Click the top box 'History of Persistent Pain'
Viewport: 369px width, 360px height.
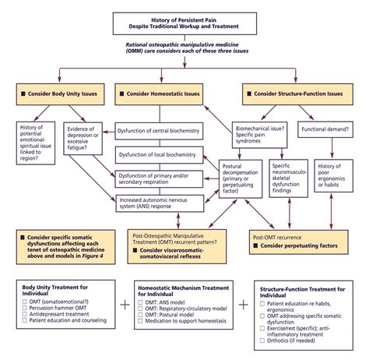coord(184,23)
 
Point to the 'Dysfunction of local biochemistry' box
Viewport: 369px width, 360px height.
coord(158,155)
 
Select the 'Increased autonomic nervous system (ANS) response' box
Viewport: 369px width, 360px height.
coord(158,204)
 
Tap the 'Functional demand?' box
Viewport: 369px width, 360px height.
coord(325,132)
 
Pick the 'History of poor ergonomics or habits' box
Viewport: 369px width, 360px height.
coord(332,180)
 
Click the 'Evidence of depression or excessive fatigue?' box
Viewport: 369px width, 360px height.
coord(87,138)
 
